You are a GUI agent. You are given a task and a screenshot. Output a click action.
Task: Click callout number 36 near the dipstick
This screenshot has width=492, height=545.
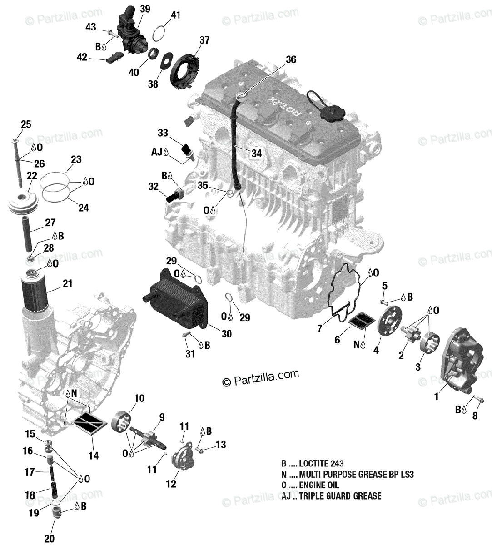click(x=291, y=59)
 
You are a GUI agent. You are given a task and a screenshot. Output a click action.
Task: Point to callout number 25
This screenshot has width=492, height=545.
click(x=26, y=124)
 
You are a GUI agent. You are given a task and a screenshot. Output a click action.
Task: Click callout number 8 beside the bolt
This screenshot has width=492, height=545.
click(x=475, y=416)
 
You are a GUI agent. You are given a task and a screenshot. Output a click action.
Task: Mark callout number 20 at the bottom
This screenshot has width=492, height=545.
click(x=49, y=539)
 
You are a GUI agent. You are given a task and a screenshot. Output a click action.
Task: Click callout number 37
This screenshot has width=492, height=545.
click(x=204, y=40)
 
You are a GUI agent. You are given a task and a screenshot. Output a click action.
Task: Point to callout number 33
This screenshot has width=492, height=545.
click(x=163, y=133)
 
